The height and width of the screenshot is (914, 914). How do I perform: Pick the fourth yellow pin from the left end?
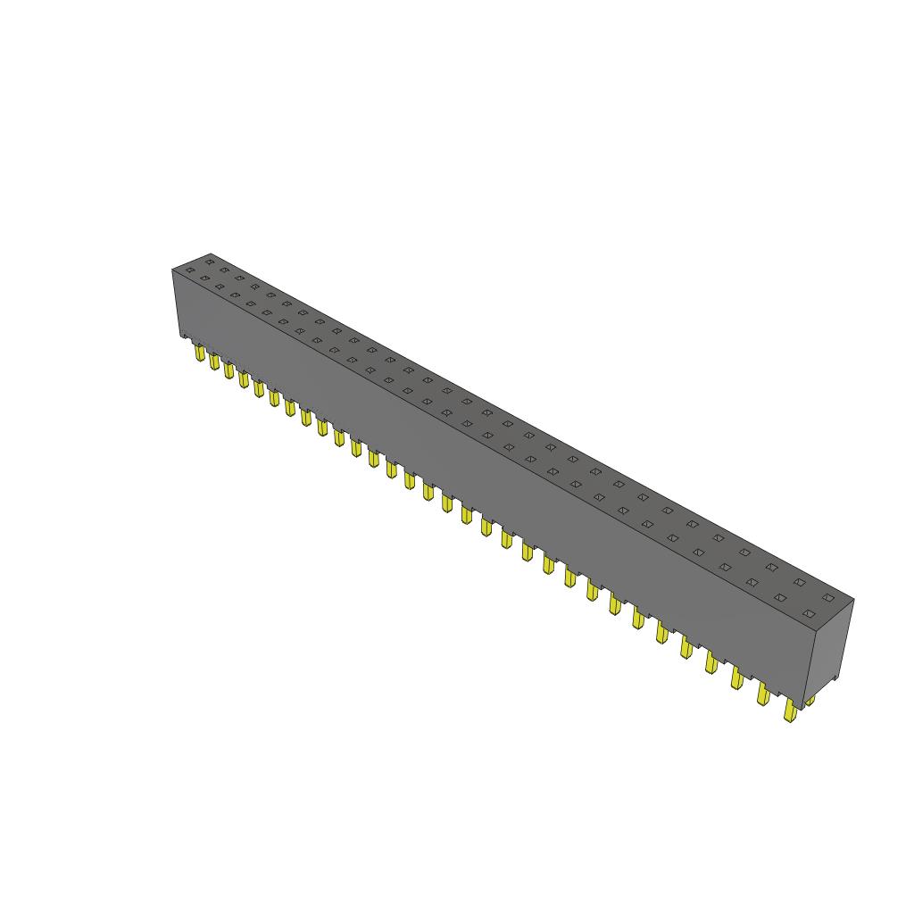pos(244,378)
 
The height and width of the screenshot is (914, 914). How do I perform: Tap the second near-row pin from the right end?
pos(763,694)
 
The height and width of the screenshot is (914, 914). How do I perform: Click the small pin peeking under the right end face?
pos(810,702)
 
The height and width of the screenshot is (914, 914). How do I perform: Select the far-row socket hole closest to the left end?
pos(210,261)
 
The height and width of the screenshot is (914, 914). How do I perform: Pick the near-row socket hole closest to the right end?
pos(809,614)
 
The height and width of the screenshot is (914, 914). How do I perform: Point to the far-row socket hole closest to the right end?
pos(828,598)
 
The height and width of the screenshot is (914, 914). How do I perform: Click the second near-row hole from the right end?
pos(780,598)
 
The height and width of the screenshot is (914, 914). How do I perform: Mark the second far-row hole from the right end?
pos(800,582)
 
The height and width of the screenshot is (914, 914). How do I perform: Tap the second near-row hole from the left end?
pos(204,277)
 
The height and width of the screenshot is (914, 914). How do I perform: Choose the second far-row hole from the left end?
pos(224,269)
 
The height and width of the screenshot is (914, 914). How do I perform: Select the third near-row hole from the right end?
pos(752,582)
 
